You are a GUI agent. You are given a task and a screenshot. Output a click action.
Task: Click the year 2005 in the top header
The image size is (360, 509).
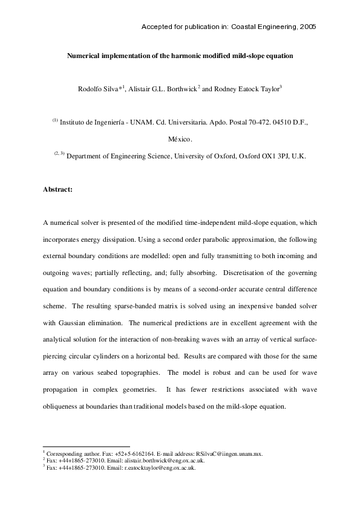tap(308, 27)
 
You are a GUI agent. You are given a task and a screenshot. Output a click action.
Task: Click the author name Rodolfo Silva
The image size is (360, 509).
tap(99, 89)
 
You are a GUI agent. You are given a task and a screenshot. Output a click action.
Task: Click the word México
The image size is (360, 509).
tap(180, 138)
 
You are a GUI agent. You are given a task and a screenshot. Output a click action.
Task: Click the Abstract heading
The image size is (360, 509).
tap(57, 189)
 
